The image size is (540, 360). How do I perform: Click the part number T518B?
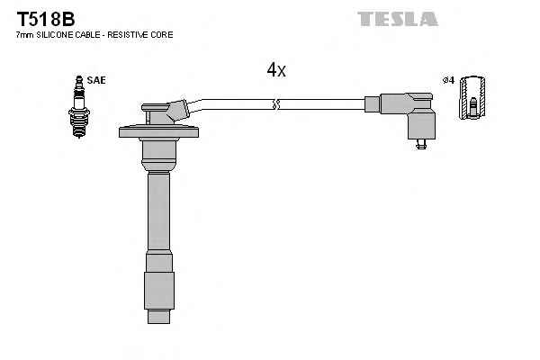[x=46, y=19]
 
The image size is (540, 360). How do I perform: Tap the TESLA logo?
[x=398, y=19]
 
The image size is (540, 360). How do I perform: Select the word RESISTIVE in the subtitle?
[x=132, y=35]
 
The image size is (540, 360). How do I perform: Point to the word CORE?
[x=166, y=35]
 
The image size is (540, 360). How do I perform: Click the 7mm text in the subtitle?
[x=25, y=35]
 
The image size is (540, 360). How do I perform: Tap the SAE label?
[x=96, y=80]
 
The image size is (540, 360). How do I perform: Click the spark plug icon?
[x=79, y=107]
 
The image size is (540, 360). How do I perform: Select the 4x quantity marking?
[x=276, y=70]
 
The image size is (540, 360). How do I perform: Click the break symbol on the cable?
[x=276, y=104]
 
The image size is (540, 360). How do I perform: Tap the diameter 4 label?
[x=449, y=81]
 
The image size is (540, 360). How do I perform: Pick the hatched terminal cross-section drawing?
[x=472, y=97]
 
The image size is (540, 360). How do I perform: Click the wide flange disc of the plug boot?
[x=158, y=132]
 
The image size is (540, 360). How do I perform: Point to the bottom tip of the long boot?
[x=158, y=323]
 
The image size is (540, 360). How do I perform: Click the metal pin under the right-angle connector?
[x=421, y=144]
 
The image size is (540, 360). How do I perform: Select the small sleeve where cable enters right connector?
[x=372, y=104]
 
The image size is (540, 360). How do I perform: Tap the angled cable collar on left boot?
[x=178, y=111]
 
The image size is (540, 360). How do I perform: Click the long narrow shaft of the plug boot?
[x=158, y=211]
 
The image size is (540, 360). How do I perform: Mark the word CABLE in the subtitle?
[x=88, y=35]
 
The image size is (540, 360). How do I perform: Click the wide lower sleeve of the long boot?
[x=159, y=291]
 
